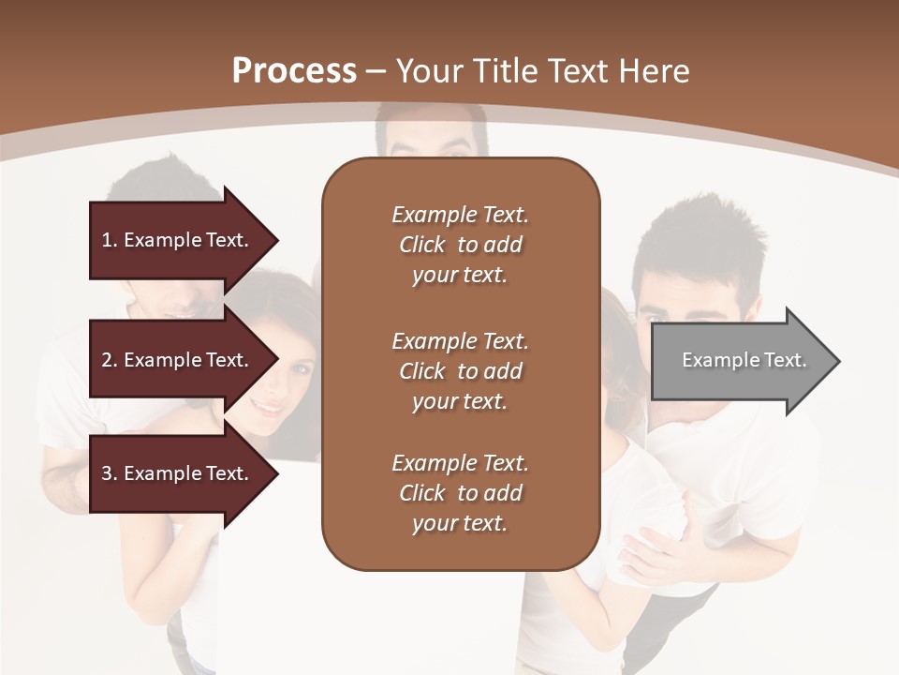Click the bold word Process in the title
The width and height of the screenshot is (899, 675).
click(x=294, y=71)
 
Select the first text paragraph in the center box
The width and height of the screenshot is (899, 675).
click(x=460, y=245)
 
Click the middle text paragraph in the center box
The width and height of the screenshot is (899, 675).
click(x=460, y=371)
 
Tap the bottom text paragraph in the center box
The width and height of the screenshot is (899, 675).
click(x=460, y=493)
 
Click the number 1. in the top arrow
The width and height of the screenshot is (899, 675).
click(x=110, y=241)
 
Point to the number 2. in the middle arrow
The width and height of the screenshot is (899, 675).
click(x=110, y=360)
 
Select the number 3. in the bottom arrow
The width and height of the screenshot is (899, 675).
click(x=110, y=473)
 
